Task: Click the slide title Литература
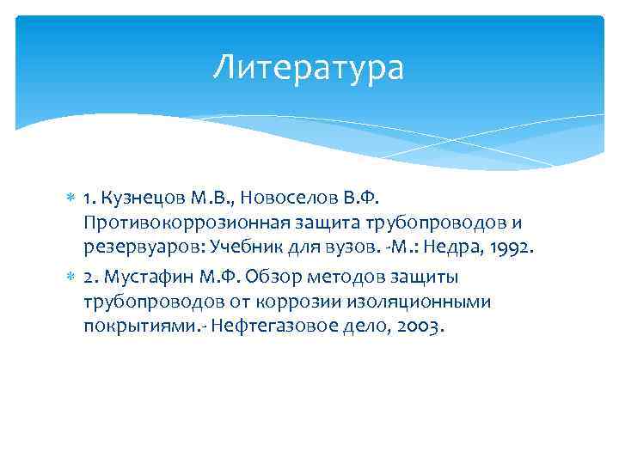tap(309, 68)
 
